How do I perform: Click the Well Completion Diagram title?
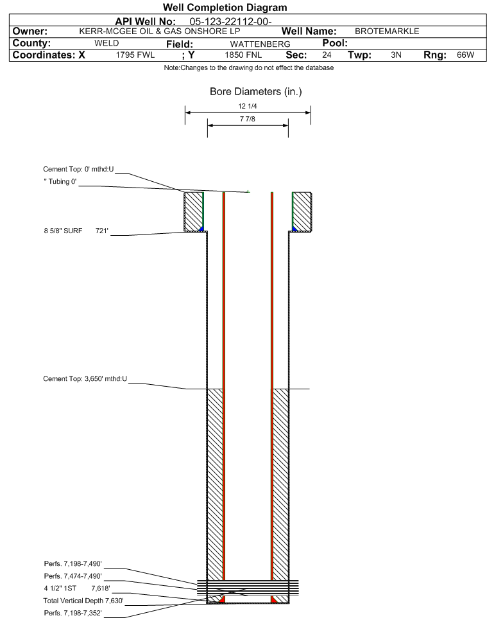click(225, 8)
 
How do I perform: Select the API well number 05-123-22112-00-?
click(231, 21)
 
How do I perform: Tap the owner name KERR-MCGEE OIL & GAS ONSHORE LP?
click(160, 31)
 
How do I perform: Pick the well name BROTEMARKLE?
click(387, 31)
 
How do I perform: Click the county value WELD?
click(107, 43)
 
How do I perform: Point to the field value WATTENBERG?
click(261, 44)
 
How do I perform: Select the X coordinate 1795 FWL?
click(135, 55)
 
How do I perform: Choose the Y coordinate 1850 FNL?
click(243, 55)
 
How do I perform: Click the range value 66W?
click(465, 55)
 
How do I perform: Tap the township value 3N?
click(396, 55)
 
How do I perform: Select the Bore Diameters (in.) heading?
click(256, 91)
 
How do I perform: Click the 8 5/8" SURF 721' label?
click(76, 231)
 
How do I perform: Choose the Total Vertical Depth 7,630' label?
click(83, 601)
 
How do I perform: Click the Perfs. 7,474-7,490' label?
click(73, 576)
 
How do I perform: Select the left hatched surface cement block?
click(194, 211)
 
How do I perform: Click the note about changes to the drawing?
click(249, 68)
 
